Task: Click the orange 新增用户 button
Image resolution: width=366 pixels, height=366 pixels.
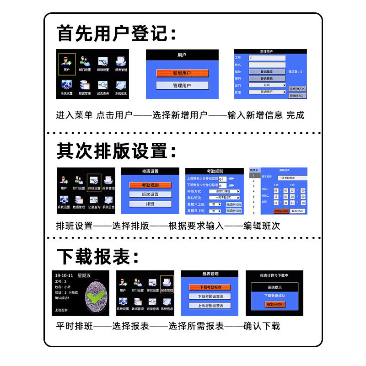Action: (x=182, y=73)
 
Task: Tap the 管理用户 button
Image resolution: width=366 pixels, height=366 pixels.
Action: (x=182, y=86)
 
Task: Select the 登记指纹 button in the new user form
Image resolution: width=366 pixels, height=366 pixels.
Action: (x=267, y=72)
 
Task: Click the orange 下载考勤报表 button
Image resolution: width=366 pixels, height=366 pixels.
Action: (x=210, y=287)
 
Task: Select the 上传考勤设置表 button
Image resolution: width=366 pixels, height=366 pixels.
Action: (x=210, y=306)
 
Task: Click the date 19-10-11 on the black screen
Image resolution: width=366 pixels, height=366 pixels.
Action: (x=64, y=275)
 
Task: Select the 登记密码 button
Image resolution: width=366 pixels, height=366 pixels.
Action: (x=267, y=79)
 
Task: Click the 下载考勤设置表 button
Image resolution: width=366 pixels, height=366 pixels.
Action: (x=210, y=296)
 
